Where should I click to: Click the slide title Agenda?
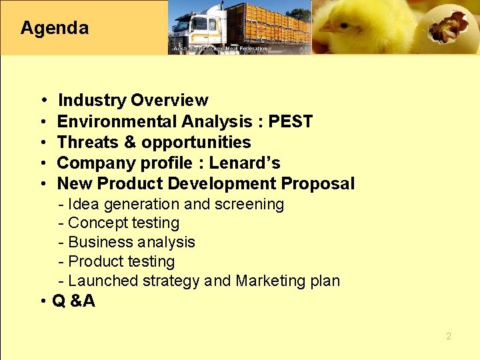coord(54,28)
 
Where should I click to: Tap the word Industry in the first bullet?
coord(92,101)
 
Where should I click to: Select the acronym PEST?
coord(291,121)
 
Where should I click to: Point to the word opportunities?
coord(196,142)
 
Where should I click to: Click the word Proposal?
coord(318,183)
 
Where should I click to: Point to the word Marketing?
coord(269,281)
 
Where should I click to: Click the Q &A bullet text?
coord(73,301)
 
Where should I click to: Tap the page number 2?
coord(449,336)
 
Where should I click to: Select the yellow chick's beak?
coord(329,28)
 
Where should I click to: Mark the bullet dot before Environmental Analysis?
coord(43,122)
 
